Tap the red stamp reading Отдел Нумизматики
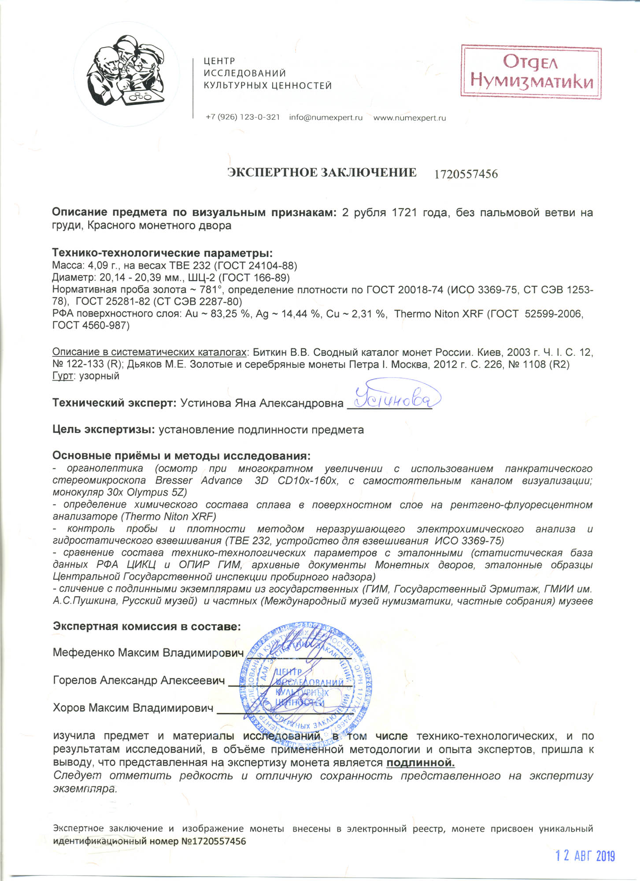tap(531, 71)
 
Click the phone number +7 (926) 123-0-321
tap(243, 117)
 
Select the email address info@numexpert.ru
tap(326, 118)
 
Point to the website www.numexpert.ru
tap(410, 118)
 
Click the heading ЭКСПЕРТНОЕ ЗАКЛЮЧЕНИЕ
tap(322, 173)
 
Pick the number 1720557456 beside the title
tap(466, 174)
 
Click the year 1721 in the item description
tap(404, 212)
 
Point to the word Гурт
tap(62, 376)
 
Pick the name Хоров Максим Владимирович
tap(133, 708)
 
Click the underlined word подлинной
tap(420, 762)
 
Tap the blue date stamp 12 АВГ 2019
tap(585, 856)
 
